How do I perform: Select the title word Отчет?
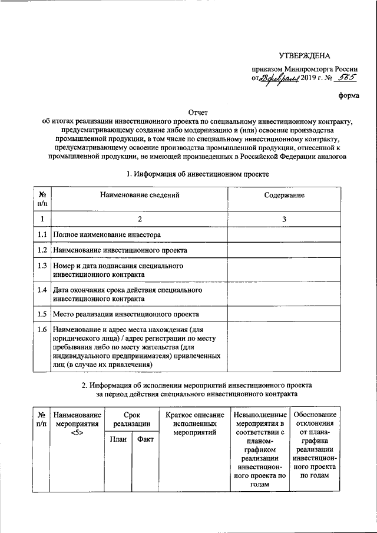pos(198,111)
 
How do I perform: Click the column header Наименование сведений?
pos(140,194)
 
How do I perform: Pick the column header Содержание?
pos(284,194)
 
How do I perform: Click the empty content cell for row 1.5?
pos(284,314)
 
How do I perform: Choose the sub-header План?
pos(118,440)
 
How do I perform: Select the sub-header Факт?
pos(145,440)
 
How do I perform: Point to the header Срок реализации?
pos(131,419)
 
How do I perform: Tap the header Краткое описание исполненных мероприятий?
pos(194,424)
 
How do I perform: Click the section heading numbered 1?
pos(198,174)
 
